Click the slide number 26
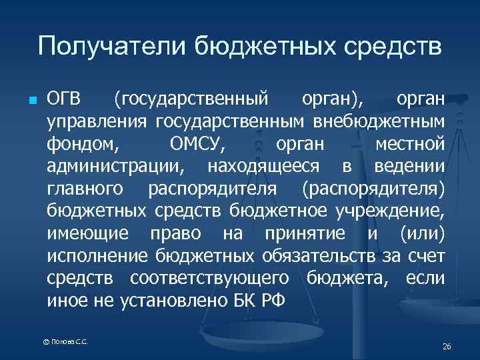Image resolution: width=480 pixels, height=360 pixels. (x=447, y=347)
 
